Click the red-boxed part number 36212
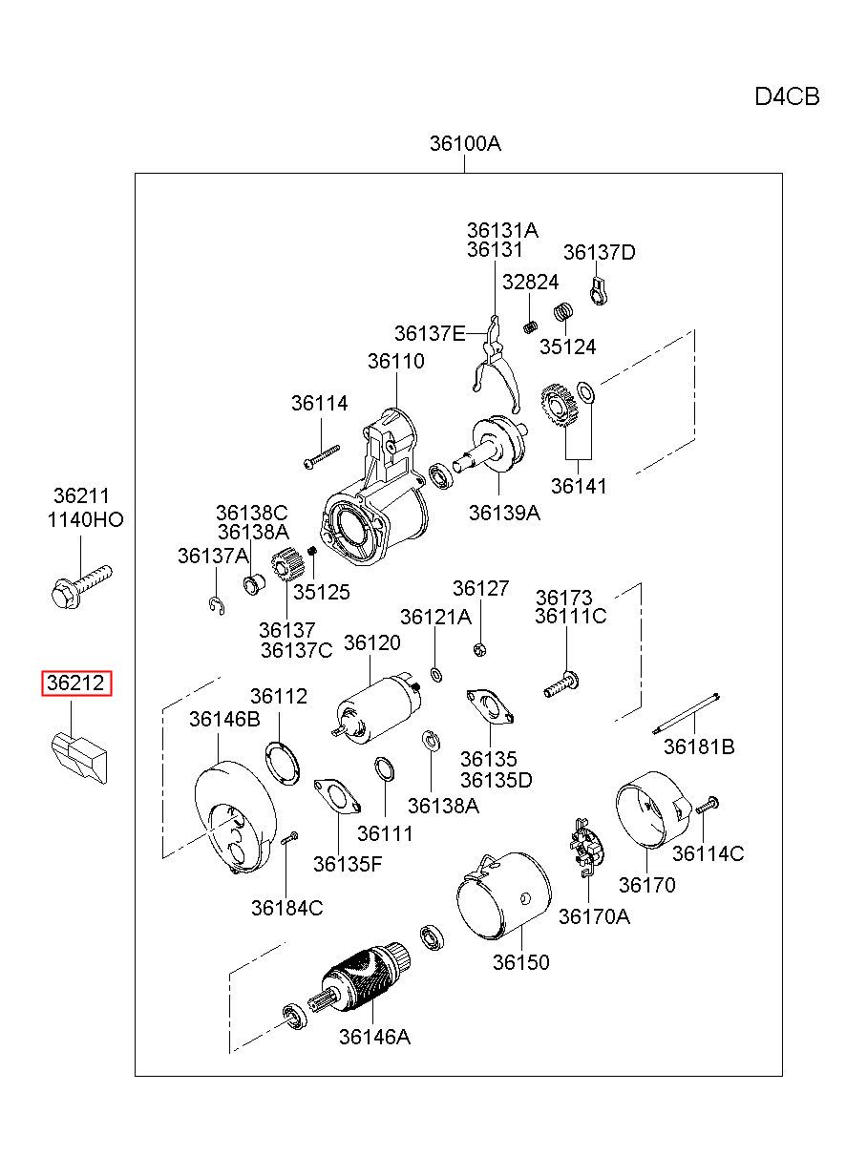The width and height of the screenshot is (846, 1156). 76,683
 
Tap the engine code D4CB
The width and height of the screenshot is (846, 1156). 787,97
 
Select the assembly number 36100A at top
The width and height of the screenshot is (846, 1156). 465,143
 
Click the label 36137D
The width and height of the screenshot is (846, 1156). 599,252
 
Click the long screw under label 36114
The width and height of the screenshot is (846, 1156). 322,457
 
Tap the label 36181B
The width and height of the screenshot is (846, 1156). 698,746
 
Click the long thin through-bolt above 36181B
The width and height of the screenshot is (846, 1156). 686,714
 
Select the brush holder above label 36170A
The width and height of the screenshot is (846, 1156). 586,848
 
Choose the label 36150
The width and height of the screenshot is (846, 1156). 520,962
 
